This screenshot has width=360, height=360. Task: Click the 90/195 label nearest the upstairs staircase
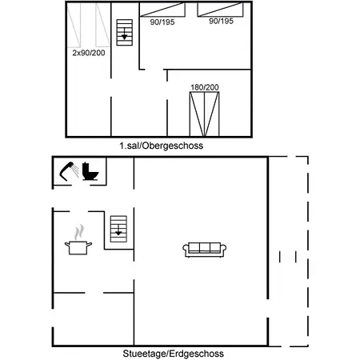162,22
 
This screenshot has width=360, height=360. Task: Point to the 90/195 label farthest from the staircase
221,22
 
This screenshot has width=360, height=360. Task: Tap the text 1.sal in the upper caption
132,146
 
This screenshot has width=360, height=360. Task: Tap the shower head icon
68,170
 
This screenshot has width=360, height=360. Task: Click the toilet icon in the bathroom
90,171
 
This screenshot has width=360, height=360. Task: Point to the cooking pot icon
78,246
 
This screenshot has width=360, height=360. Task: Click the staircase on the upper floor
124,31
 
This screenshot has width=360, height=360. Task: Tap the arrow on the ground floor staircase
118,232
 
